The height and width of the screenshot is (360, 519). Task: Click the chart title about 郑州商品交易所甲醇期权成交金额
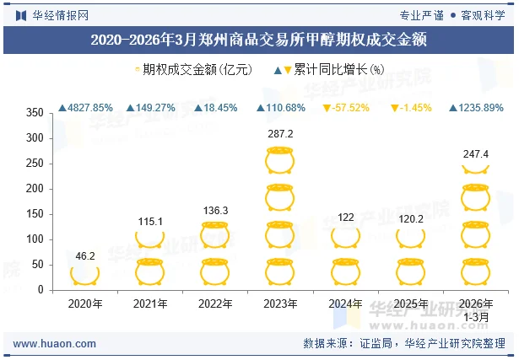click(x=258, y=39)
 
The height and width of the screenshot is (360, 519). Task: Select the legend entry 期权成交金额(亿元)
click(x=193, y=70)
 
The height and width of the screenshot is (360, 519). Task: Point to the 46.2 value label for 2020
click(x=85, y=255)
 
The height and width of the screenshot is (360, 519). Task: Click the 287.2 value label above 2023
click(x=279, y=134)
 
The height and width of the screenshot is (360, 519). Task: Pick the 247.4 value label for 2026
click(x=476, y=154)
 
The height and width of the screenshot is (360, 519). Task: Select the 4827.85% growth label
click(x=85, y=108)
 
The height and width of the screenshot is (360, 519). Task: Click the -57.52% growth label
click(x=345, y=108)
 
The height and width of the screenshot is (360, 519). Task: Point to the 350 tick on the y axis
click(x=35, y=113)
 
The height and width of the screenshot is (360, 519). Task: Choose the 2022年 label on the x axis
click(x=214, y=304)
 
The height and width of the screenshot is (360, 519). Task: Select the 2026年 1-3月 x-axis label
click(x=476, y=309)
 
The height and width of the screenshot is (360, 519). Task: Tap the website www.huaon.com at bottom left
click(x=55, y=344)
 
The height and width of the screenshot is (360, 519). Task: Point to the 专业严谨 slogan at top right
click(x=420, y=14)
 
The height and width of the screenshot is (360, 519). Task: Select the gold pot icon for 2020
click(x=85, y=274)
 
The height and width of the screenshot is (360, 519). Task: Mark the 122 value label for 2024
click(x=345, y=218)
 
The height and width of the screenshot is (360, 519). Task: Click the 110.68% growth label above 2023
click(x=279, y=108)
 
